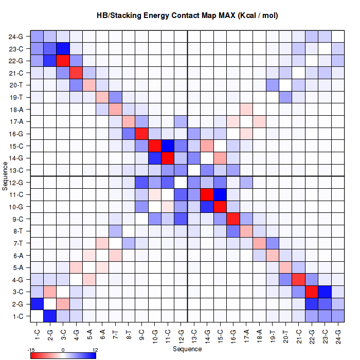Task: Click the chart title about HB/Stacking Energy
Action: (x=187, y=16)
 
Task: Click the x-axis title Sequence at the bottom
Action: (x=187, y=349)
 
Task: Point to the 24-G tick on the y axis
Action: (x=16, y=37)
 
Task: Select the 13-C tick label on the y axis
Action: (x=16, y=170)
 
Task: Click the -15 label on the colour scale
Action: (x=32, y=350)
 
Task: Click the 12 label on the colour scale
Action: (x=95, y=350)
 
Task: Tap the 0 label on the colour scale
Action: (x=63, y=350)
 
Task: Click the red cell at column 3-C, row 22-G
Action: (x=63, y=61)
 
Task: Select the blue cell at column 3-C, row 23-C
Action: (x=63, y=49)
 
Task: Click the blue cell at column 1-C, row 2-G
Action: (x=37, y=304)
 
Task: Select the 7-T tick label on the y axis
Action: (x=16, y=243)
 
